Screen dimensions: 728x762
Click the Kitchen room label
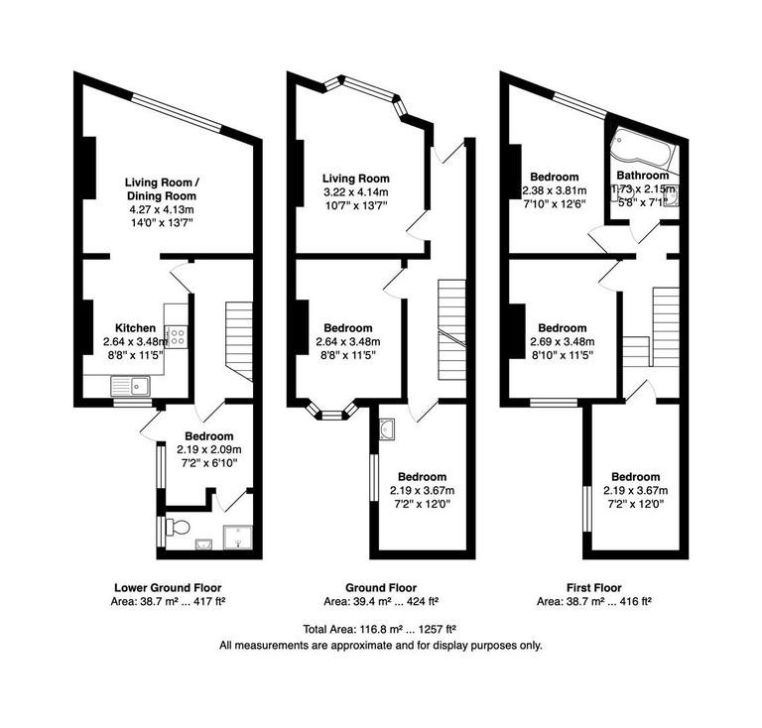click(x=135, y=328)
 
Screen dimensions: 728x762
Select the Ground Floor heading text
click(x=381, y=587)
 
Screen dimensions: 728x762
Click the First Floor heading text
click(x=594, y=587)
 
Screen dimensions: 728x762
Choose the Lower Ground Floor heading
click(x=168, y=587)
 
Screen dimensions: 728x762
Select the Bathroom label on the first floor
click(x=642, y=176)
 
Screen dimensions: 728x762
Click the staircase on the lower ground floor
click(x=241, y=337)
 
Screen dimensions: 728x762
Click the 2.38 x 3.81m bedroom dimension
click(x=555, y=191)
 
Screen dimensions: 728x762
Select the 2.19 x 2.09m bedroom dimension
click(x=208, y=450)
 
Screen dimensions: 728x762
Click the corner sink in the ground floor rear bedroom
click(x=388, y=428)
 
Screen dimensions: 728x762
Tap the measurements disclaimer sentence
click(x=380, y=645)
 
